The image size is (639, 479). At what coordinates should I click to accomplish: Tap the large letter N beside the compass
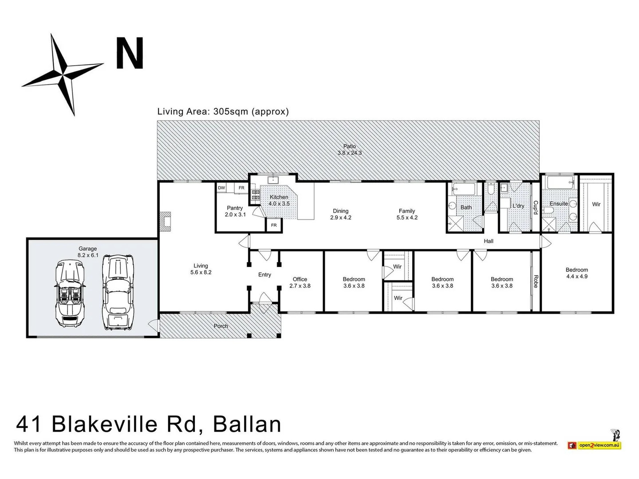pyautogui.click(x=130, y=53)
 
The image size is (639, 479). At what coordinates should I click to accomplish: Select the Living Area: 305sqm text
pyautogui.click(x=223, y=111)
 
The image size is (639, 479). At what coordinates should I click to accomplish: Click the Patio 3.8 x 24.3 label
pyautogui.click(x=349, y=149)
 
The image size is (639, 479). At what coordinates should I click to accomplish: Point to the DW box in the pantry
pyautogui.click(x=221, y=188)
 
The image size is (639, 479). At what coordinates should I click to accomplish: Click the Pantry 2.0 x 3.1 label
pyautogui.click(x=235, y=211)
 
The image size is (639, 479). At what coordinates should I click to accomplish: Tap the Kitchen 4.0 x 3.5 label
pyautogui.click(x=279, y=200)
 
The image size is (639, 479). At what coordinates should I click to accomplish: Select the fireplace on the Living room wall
pyautogui.click(x=165, y=221)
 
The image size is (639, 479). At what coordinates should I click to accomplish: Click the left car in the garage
pyautogui.click(x=69, y=293)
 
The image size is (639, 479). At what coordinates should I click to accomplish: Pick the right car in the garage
pyautogui.click(x=118, y=292)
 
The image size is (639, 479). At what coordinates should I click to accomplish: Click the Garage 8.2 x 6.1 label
pyautogui.click(x=87, y=252)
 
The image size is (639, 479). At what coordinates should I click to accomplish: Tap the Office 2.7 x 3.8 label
pyautogui.click(x=300, y=283)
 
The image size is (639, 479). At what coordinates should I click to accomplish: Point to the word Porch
pyautogui.click(x=221, y=326)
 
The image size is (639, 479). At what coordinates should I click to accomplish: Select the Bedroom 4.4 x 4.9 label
pyautogui.click(x=576, y=273)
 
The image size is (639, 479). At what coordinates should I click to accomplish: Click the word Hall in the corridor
pyautogui.click(x=489, y=241)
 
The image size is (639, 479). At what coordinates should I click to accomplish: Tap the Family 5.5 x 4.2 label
pyautogui.click(x=407, y=214)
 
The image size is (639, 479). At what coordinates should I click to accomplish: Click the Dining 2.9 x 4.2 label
pyautogui.click(x=341, y=214)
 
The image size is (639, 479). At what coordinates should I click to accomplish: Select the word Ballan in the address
pyautogui.click(x=247, y=424)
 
